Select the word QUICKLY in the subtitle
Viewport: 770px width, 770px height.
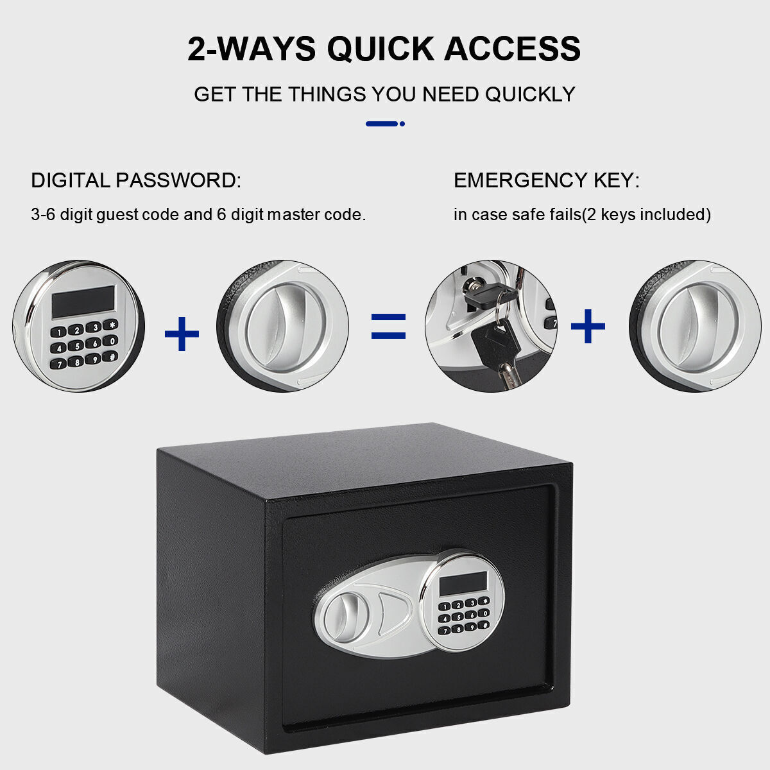530,95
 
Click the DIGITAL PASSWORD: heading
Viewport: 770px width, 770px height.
136,180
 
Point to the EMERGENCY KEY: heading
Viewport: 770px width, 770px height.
547,180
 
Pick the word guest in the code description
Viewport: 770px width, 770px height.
118,216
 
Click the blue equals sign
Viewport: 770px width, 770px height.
388,326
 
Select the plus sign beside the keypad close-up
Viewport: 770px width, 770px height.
182,334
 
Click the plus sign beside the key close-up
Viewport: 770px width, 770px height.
588,326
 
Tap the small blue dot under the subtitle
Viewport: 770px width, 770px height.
402,124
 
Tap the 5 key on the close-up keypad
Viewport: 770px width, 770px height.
77,346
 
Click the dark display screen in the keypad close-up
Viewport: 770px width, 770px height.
83,302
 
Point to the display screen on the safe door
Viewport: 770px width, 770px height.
463,583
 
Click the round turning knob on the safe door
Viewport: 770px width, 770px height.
346,617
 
